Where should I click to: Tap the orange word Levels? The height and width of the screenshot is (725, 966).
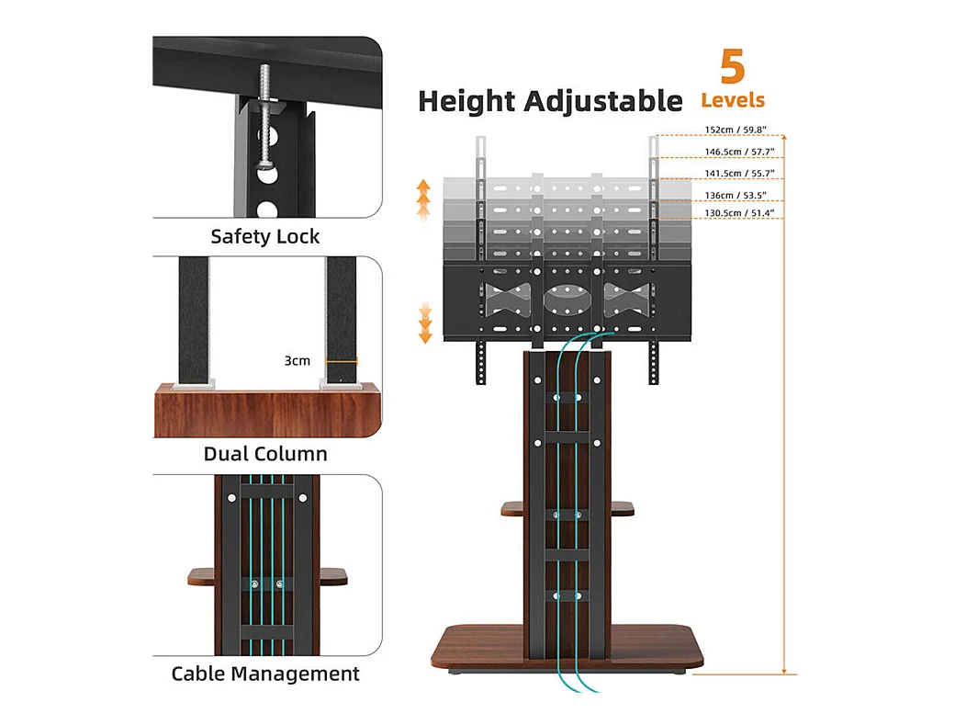[733, 100]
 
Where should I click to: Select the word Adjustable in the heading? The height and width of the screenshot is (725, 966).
[603, 101]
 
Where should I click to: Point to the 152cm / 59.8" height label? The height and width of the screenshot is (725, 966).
[728, 130]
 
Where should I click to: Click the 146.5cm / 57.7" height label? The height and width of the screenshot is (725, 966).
[730, 151]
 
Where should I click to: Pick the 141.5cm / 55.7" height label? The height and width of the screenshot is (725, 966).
[730, 173]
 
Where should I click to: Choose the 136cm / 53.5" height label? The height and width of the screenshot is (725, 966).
[728, 195]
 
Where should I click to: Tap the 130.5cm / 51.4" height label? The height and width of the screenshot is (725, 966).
[730, 213]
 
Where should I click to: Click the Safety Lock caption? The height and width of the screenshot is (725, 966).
[265, 236]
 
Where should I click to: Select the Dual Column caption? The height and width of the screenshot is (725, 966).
[265, 454]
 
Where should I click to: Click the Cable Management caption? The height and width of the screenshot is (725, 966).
[265, 674]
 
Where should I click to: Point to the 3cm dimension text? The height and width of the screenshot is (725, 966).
[297, 361]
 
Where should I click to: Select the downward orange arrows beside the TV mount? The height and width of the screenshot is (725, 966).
[424, 323]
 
